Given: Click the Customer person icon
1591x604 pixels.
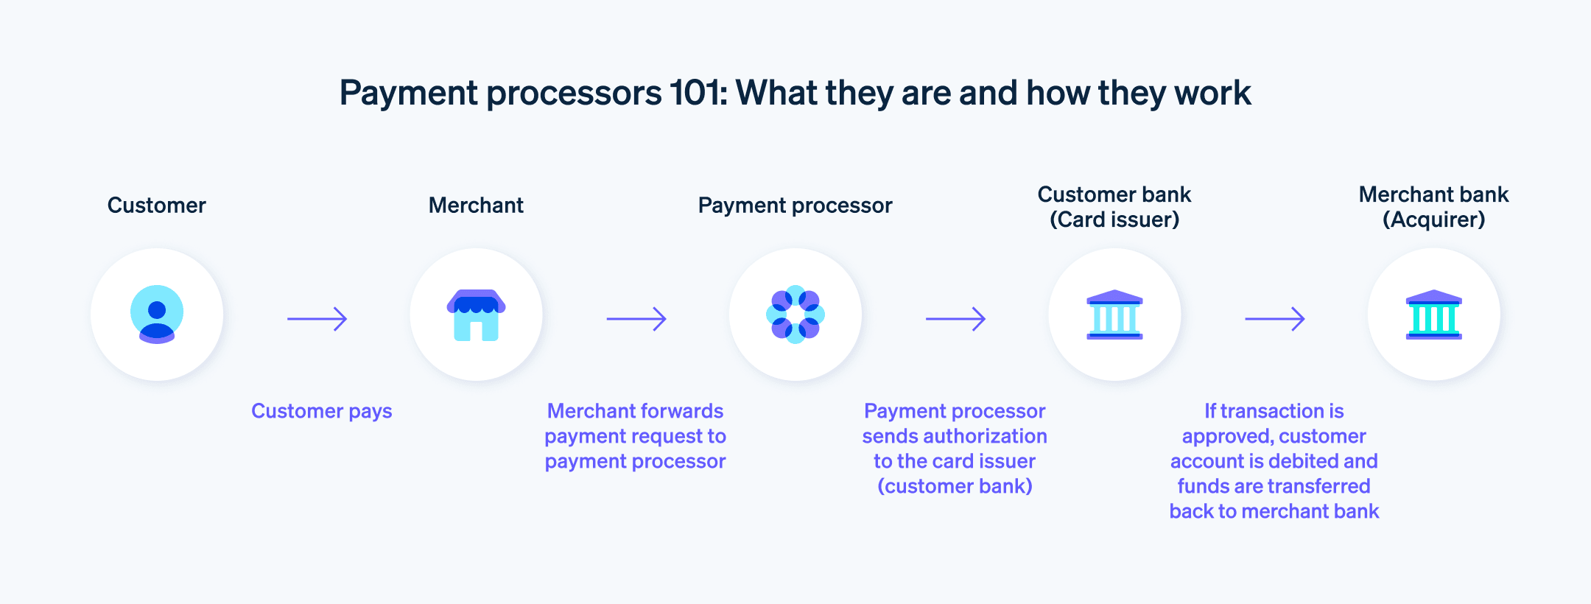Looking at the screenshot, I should (157, 315).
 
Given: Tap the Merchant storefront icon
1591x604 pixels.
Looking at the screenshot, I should (476, 315).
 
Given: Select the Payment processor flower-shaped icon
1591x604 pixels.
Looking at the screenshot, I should (795, 315).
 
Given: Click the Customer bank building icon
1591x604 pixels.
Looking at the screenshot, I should (1114, 315).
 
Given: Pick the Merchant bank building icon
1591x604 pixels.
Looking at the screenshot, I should (1433, 315).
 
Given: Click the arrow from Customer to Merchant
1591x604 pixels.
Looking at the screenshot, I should (317, 319).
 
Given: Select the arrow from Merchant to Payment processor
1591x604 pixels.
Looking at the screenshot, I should (636, 319).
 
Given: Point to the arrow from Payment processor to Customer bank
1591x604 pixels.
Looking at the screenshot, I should (955, 319).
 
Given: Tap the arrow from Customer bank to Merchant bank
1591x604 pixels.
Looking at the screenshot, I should (1274, 319).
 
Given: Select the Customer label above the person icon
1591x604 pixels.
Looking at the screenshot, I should (156, 206).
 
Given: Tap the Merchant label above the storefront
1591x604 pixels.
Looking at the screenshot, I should (476, 206).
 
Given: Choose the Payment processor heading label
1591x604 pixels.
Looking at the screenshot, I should (795, 206).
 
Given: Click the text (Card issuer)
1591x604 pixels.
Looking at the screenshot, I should (1114, 220).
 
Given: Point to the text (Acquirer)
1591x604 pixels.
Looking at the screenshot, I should (1433, 220).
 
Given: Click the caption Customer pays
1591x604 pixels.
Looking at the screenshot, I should (321, 411).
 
